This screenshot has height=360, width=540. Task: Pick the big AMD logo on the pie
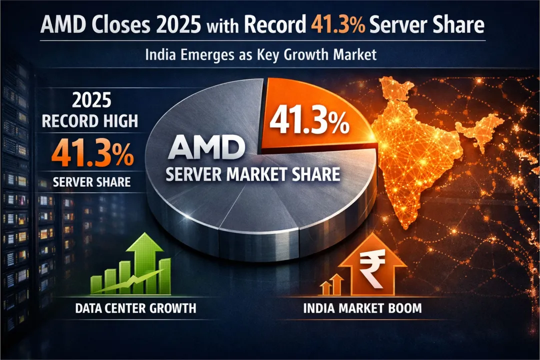pyautogui.click(x=206, y=149)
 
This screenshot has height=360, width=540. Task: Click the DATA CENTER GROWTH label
pyautogui.click(x=135, y=307)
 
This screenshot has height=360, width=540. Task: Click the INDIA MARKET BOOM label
pyautogui.click(x=362, y=308)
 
